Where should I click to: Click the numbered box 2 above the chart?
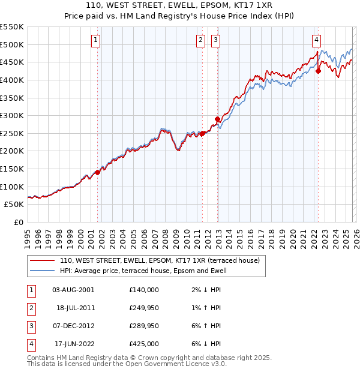(200, 40)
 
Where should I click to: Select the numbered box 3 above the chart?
(215, 40)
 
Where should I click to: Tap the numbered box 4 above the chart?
(316, 40)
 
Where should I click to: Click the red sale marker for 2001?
(97, 172)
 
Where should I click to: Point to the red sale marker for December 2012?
(217, 119)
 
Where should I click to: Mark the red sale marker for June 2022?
(318, 71)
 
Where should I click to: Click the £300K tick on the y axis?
(12, 115)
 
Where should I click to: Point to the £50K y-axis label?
(14, 204)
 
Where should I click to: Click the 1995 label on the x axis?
(28, 238)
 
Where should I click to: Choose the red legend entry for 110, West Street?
(159, 261)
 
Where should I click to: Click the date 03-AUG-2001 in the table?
(73, 289)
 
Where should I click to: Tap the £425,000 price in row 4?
(144, 344)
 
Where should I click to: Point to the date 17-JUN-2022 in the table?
(73, 344)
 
